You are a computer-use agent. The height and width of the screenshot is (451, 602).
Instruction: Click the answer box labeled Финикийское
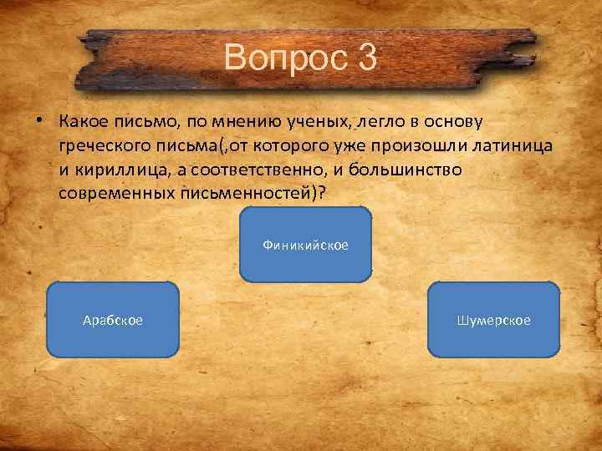pos(305,244)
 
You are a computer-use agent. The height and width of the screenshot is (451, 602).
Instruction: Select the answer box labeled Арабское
pos(113,320)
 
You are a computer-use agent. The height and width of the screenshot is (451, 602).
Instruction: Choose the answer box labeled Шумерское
pos(494,320)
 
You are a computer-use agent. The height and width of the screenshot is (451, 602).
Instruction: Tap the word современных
pos(116,194)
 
